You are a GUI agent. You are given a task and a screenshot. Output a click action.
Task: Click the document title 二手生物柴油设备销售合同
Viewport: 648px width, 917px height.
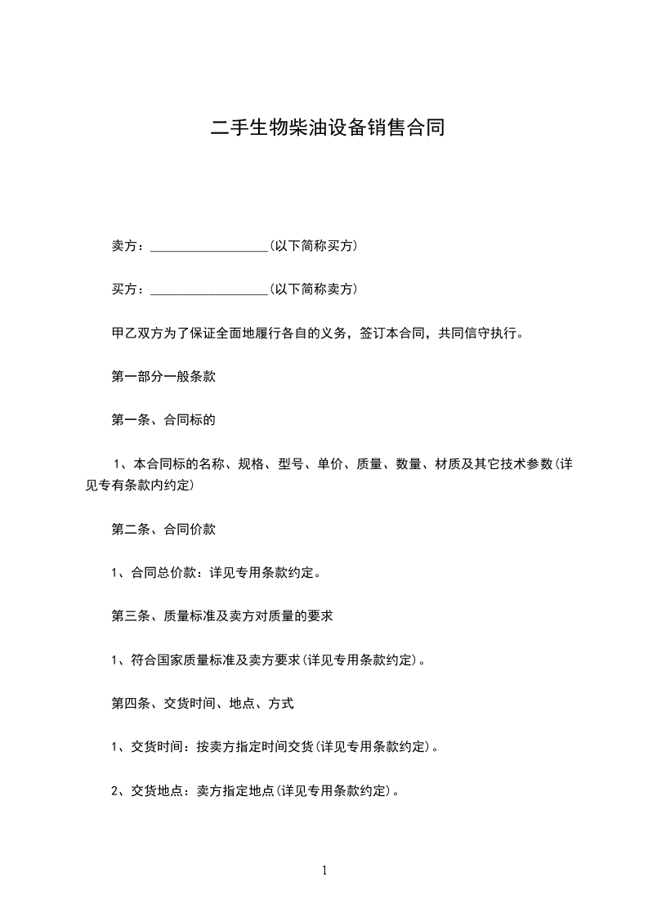coord(328,127)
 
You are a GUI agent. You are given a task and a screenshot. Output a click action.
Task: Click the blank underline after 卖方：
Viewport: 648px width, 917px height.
coord(210,246)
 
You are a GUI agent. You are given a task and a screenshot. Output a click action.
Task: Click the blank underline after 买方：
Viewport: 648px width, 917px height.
coord(210,289)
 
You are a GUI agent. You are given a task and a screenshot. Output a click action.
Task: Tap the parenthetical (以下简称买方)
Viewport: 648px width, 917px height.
coord(313,246)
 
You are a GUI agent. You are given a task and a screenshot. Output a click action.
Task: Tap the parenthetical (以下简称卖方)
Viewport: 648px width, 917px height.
coord(313,289)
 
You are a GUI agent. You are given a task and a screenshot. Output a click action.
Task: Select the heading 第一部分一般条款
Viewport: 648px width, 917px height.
coord(163,377)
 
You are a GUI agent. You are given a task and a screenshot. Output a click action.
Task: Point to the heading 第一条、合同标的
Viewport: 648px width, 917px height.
coord(163,421)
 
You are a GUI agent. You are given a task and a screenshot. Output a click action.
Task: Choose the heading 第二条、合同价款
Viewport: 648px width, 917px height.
coord(163,529)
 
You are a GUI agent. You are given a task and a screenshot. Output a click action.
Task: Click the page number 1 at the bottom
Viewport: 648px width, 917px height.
coord(324,870)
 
